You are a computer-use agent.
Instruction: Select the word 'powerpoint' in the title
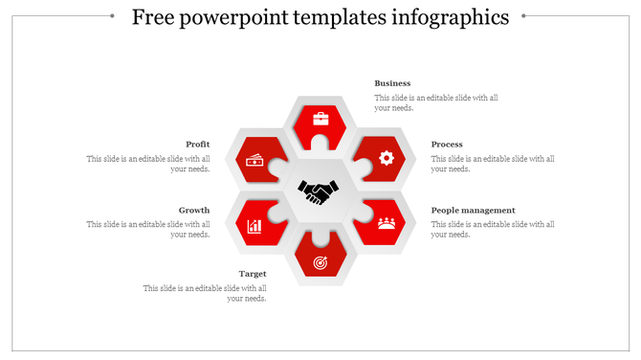pyautogui.click(x=243, y=17)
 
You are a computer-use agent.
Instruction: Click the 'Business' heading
pyautogui.click(x=392, y=83)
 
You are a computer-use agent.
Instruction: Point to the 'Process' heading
pyautogui.click(x=447, y=145)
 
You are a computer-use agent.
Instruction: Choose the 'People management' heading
pyautogui.click(x=473, y=210)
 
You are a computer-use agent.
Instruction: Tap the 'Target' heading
pyautogui.click(x=253, y=274)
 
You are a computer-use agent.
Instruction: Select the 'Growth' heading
pyautogui.click(x=194, y=210)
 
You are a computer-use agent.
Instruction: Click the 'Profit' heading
pyautogui.click(x=198, y=145)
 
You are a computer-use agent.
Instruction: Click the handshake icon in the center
pyautogui.click(x=318, y=191)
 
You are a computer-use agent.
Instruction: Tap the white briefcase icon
pyautogui.click(x=320, y=120)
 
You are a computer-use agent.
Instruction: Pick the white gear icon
pyautogui.click(x=387, y=158)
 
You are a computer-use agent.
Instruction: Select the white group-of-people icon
pyautogui.click(x=387, y=223)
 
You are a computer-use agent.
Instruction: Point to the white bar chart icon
pyautogui.click(x=254, y=226)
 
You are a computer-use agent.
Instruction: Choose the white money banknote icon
pyautogui.click(x=254, y=160)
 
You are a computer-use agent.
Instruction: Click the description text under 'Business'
pyautogui.click(x=435, y=102)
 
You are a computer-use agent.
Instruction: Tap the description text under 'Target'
pyautogui.click(x=205, y=293)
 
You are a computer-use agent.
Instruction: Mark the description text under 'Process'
pyautogui.click(x=493, y=164)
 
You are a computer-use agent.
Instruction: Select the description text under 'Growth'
pyautogui.click(x=148, y=229)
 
